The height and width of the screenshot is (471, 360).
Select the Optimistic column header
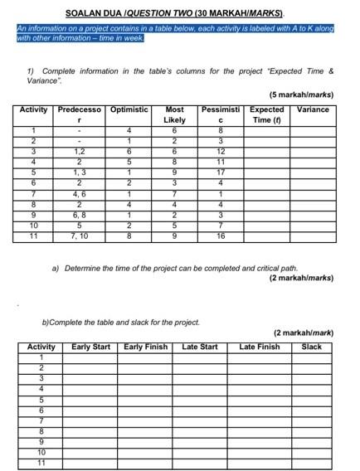coord(129,109)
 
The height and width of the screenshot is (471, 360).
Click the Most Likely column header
coord(174,114)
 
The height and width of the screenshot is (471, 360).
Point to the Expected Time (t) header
coord(266,114)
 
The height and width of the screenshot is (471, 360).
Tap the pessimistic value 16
coord(220,236)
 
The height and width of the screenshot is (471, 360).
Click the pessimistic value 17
coord(220,172)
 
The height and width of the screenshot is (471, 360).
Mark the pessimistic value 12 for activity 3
coord(220,151)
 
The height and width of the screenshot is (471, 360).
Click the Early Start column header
coord(90,347)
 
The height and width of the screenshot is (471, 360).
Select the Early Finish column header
coord(145,347)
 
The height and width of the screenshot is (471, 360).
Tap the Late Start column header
coord(199,347)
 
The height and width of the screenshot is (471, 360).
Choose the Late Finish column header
coord(260,347)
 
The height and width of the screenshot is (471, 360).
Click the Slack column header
coord(311,347)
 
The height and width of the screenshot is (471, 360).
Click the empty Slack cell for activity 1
coord(311,357)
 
